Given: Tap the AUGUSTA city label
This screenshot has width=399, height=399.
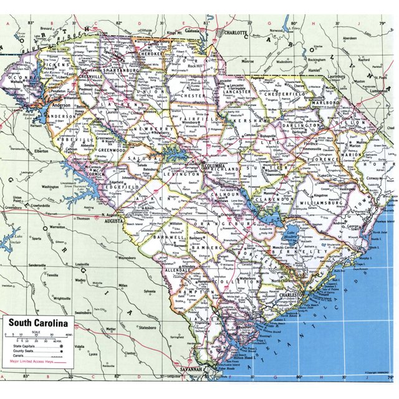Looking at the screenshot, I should click(115, 221).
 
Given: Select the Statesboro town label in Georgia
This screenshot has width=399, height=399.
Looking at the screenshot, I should click(148, 327).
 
